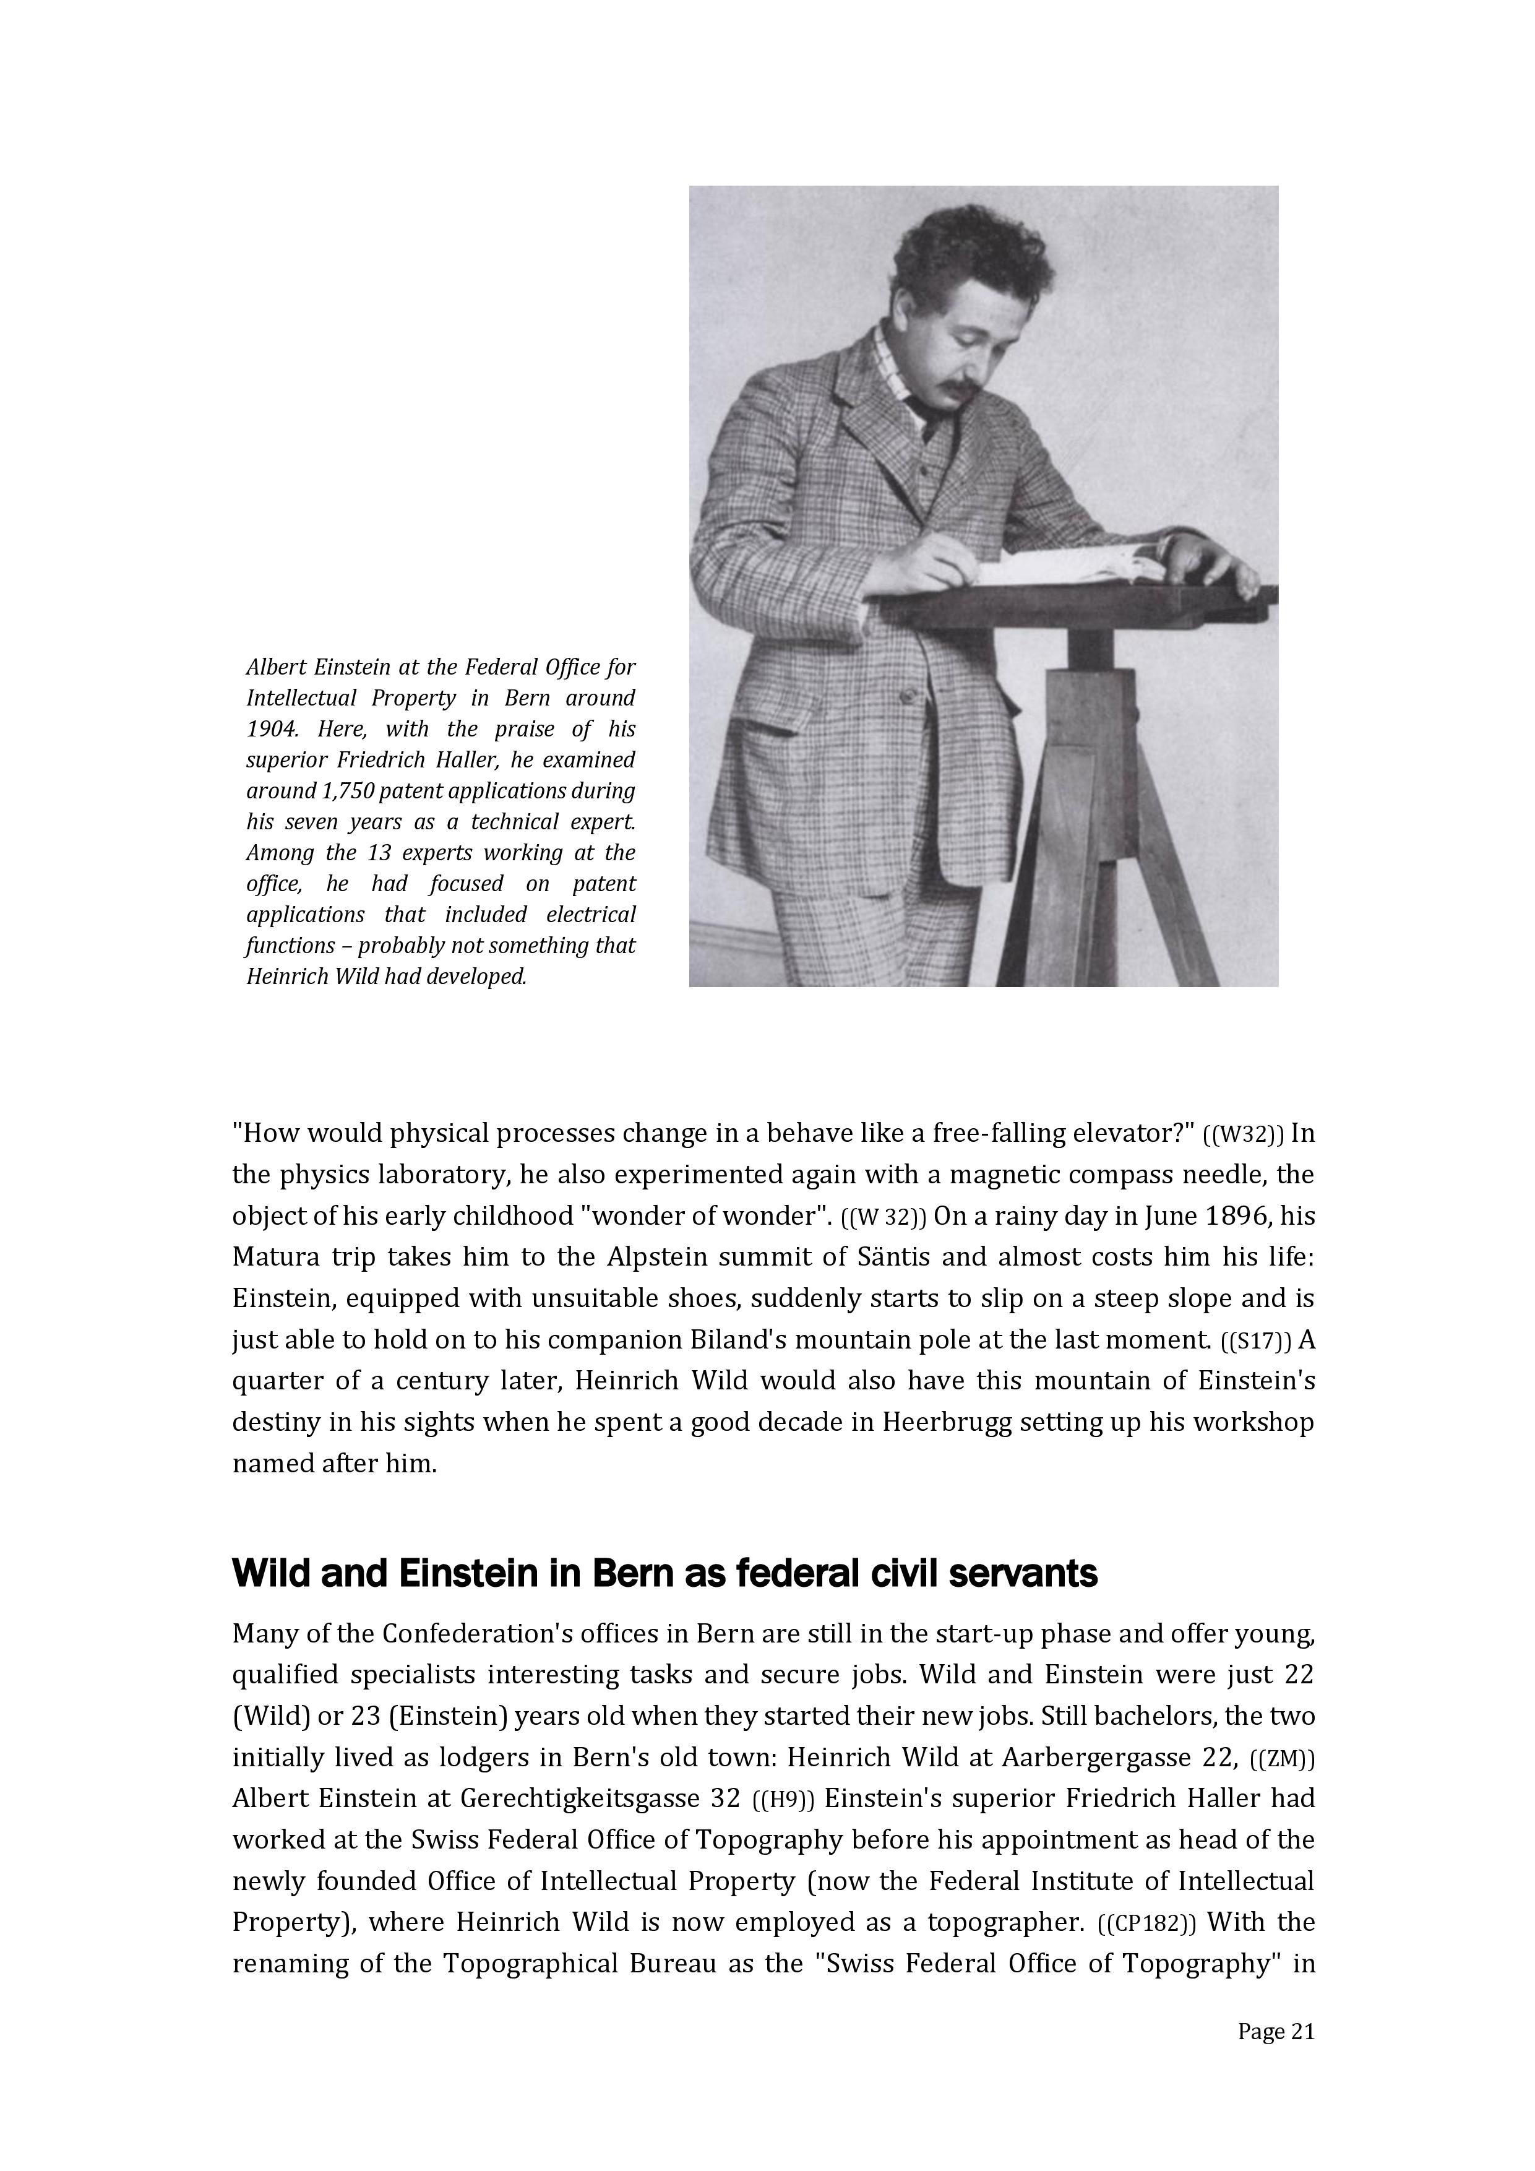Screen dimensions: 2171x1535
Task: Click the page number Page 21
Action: [x=1276, y=2031]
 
